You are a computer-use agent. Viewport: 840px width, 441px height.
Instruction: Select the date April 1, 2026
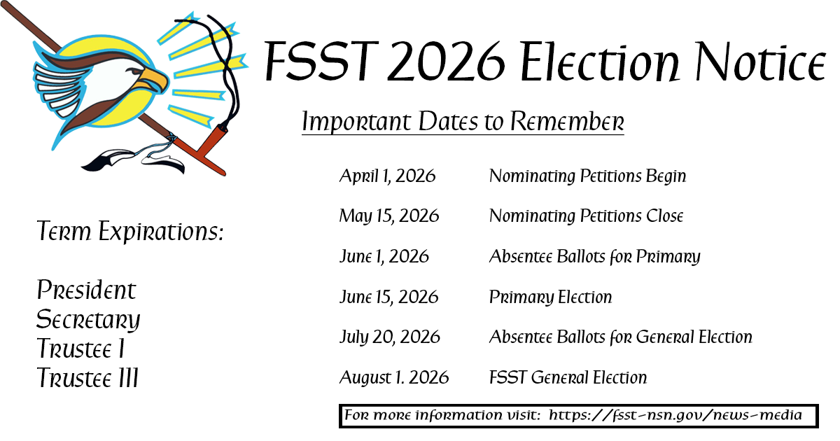click(x=387, y=176)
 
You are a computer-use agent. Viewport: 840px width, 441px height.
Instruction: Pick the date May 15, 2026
click(x=389, y=216)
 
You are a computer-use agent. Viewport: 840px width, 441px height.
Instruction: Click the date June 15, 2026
click(x=388, y=297)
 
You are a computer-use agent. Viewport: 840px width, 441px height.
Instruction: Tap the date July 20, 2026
click(x=390, y=337)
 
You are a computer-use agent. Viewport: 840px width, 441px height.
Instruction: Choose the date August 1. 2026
click(x=394, y=378)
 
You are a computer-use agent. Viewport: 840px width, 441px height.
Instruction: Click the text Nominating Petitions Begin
click(x=587, y=176)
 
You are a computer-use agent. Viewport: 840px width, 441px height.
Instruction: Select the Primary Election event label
click(x=550, y=297)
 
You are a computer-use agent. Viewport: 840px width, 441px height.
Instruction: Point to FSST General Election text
click(x=568, y=378)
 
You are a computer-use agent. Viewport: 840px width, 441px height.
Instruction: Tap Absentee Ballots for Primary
click(x=594, y=257)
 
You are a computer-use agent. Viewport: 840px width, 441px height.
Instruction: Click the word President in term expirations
click(x=86, y=290)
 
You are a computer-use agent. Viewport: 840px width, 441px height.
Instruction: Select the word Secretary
click(x=88, y=320)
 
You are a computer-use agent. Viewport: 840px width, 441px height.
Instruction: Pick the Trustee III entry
click(x=87, y=379)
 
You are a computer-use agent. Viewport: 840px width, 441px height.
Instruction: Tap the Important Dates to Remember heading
click(x=463, y=122)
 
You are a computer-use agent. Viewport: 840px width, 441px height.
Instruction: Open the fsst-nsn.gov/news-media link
click(x=675, y=415)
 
